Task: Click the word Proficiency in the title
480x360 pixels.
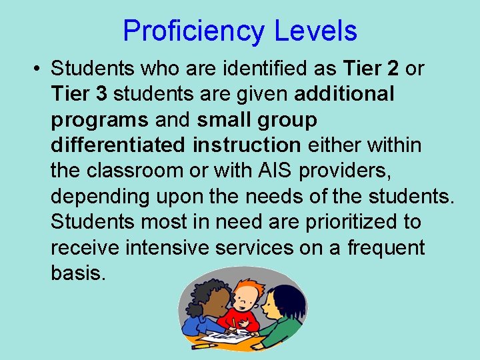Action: [x=193, y=31]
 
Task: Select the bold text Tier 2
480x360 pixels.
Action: [x=372, y=69]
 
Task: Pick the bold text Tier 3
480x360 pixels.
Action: [x=79, y=94]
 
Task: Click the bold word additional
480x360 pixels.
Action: [x=344, y=94]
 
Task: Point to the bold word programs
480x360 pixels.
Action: [x=100, y=120]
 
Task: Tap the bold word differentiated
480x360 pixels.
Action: [x=119, y=145]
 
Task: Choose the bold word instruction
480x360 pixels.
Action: [x=247, y=145]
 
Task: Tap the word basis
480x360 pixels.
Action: [x=78, y=273]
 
